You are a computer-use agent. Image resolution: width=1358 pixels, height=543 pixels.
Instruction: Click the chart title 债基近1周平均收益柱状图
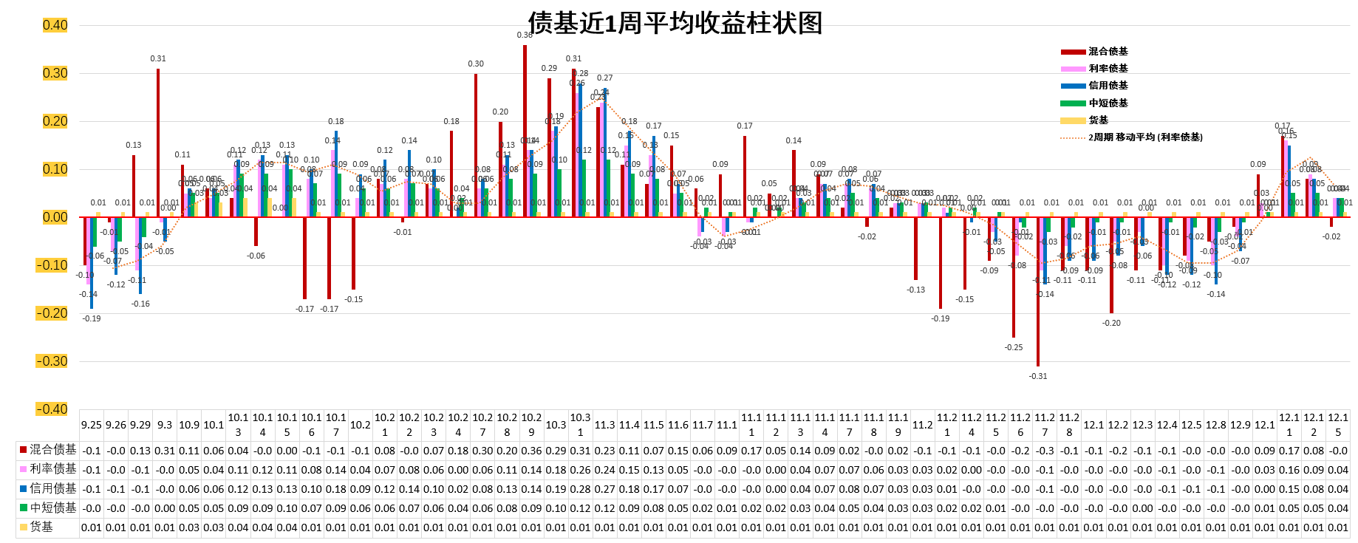[x=675, y=23]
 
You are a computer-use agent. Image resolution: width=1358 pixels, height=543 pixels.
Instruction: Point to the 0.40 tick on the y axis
[x=55, y=25]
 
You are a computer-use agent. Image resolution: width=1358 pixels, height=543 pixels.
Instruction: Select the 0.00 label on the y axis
[x=55, y=217]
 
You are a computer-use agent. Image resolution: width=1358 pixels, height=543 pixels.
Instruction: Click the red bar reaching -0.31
[x=1038, y=291]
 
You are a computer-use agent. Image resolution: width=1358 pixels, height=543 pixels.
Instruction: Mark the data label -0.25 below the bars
[x=1014, y=347]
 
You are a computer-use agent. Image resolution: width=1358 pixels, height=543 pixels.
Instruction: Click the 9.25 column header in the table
[x=92, y=425]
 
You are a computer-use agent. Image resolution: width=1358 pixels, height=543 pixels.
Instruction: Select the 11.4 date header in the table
[x=629, y=425]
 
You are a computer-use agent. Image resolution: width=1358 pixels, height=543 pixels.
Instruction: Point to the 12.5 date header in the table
[x=1192, y=425]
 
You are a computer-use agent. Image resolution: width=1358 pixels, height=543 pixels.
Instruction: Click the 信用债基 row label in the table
[x=52, y=488]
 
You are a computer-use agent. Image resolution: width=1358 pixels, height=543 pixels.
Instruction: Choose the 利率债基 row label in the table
[x=52, y=469]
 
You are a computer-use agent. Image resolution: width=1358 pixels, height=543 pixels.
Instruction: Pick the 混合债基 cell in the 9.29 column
[x=140, y=451]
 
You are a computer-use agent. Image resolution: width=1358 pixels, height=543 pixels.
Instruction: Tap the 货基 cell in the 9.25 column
[x=92, y=527]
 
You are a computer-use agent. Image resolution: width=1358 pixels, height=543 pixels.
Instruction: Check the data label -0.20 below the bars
[x=1111, y=323]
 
